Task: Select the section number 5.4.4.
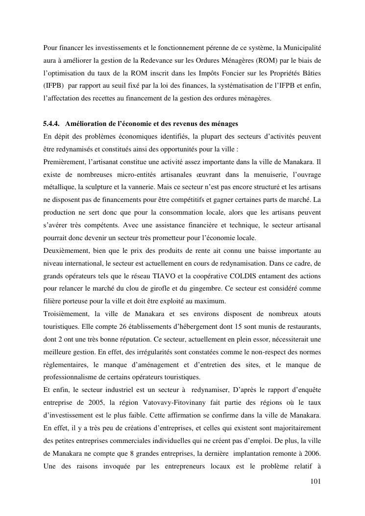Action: pyautogui.click(x=52, y=123)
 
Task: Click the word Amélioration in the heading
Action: pyautogui.click(x=86, y=123)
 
